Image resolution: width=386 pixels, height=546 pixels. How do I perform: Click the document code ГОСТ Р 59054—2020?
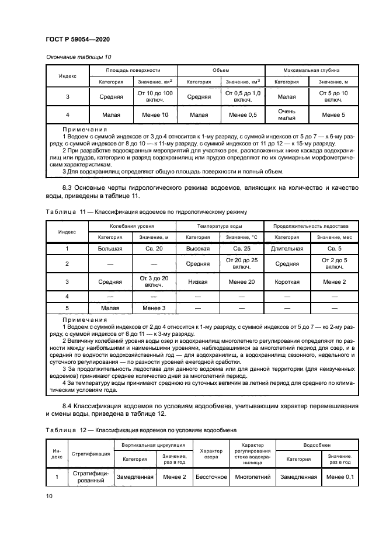click(x=78, y=39)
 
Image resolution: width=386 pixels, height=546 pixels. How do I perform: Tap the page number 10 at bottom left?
click(x=49, y=496)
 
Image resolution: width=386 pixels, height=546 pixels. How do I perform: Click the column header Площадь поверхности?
click(x=133, y=69)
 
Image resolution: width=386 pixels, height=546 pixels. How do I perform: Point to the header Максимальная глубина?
click(x=311, y=69)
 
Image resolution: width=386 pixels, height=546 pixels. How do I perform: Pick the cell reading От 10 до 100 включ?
click(x=155, y=96)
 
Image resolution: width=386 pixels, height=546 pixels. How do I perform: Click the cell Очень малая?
click(x=287, y=114)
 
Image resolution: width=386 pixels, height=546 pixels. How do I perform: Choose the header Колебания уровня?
click(x=133, y=225)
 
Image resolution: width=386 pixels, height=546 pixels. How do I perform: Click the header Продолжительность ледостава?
click(x=311, y=225)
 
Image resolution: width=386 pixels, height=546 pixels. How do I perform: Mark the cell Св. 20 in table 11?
click(x=155, y=248)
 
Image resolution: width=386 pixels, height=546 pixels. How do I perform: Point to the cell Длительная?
click(x=287, y=248)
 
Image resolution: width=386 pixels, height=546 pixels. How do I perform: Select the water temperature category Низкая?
click(x=198, y=281)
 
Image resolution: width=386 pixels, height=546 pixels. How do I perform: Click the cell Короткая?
click(x=287, y=281)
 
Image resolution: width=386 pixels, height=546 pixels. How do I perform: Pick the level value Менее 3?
click(x=155, y=308)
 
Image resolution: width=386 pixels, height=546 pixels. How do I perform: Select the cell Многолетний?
click(x=252, y=477)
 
